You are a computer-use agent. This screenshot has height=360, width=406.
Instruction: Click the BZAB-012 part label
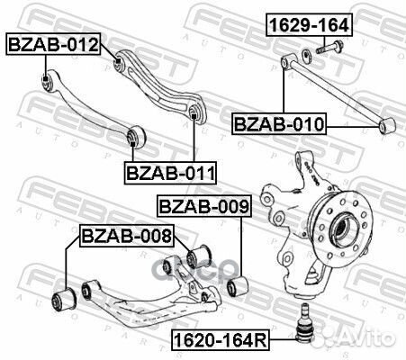[x=53, y=42]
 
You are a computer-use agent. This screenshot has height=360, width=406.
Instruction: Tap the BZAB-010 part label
[x=279, y=123]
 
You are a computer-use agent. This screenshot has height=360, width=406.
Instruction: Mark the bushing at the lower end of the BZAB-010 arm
[x=387, y=125]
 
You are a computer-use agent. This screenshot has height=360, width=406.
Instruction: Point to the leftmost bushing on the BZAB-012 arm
[x=47, y=84]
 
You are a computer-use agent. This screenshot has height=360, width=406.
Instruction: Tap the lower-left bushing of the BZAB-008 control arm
[x=66, y=297]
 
